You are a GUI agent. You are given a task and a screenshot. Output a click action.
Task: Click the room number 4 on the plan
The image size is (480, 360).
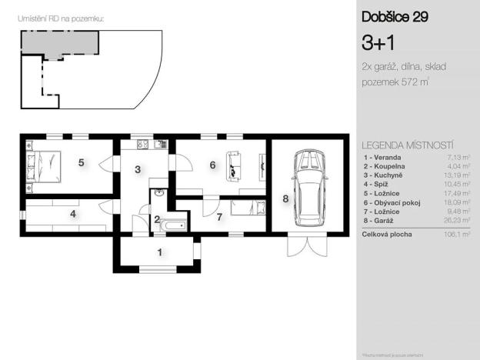tap(73, 214)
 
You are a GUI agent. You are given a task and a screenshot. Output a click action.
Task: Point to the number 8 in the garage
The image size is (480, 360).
tap(285, 199)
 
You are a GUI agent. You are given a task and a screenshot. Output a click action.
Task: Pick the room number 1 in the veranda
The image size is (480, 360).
tap(159, 252)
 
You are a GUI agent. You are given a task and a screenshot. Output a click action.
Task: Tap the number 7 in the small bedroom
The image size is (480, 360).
tap(218, 216)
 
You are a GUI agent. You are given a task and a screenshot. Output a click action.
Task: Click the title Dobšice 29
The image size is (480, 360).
tap(395, 16)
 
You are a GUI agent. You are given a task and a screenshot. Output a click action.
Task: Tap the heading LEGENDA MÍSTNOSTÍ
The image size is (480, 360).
tap(407, 145)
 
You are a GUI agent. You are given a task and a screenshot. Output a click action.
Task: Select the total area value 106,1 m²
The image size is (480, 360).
tap(456, 234)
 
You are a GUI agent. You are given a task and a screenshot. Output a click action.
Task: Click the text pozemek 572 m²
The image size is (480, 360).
tap(395, 82)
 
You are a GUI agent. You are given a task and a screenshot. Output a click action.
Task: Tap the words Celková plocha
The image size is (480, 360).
tap(387, 234)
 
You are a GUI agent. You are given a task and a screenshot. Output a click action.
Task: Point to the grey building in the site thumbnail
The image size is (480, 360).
tap(58, 42)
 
